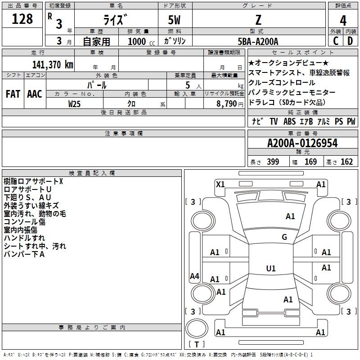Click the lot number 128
pos(23,19)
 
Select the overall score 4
pos(343,21)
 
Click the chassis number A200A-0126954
pos(302,144)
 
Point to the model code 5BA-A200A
pos(258,41)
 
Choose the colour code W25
pos(75,104)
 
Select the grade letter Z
pos(258,20)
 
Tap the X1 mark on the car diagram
pos(220,184)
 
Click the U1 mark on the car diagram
pos(271,269)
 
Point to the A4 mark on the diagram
pos(194,276)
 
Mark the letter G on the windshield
pos(284,237)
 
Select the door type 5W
pos(175,21)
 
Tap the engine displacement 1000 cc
pos(136,41)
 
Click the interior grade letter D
pos(350,41)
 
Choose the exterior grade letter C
pos(336,41)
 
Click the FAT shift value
pos(13,94)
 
